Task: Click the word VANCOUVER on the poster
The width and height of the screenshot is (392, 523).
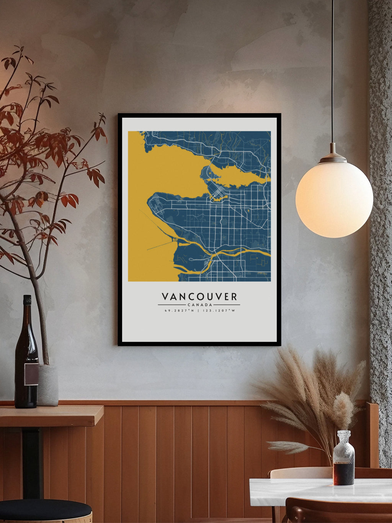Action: tap(199, 297)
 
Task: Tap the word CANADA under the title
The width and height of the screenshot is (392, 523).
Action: tap(199, 305)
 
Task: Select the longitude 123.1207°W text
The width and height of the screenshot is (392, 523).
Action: tap(219, 311)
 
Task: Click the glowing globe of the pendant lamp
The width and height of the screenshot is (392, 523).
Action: tap(334, 199)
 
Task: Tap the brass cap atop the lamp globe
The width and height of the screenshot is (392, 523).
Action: tap(333, 157)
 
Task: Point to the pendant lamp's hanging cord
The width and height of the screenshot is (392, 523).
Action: tap(332, 77)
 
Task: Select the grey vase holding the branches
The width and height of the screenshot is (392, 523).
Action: tap(48, 385)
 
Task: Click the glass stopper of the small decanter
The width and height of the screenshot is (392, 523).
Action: tap(344, 436)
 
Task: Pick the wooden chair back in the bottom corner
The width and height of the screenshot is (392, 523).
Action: tap(337, 512)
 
